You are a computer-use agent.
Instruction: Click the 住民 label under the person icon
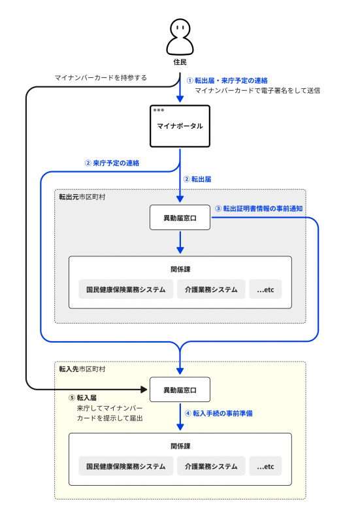180,62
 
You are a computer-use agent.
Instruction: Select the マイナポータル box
180,126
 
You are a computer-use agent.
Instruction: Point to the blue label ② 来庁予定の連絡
112,162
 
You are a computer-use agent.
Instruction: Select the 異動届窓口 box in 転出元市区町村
180,217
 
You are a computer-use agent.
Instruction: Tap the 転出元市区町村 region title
82,196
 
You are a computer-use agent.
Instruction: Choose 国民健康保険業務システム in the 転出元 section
122,289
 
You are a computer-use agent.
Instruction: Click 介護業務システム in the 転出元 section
210,289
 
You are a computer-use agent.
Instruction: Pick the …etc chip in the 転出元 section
265,289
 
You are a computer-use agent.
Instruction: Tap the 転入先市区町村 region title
82,369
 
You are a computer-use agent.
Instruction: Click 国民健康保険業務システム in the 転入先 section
122,466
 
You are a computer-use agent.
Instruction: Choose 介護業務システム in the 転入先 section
210,466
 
